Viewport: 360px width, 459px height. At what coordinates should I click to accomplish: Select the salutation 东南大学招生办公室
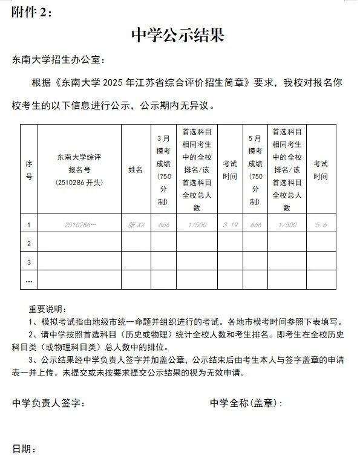coord(58,60)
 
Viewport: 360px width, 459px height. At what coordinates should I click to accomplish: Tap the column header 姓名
coord(136,170)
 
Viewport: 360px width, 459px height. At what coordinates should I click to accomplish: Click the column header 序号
coord(28,170)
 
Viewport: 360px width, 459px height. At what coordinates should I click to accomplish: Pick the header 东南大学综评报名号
coord(79,170)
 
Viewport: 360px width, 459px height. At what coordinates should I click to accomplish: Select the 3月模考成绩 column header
coord(163,170)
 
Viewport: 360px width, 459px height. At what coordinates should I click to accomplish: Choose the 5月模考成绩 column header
coord(255,170)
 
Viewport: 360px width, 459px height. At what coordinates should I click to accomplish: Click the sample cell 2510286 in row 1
coord(80,224)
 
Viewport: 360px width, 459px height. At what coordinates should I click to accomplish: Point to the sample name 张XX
coord(136,224)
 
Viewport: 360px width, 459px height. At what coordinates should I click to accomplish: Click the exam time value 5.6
coord(321,224)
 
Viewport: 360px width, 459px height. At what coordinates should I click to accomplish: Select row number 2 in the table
coord(28,243)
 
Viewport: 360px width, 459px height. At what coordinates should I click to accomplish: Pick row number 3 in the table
coord(28,262)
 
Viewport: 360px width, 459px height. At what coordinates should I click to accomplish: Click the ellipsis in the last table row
coord(28,280)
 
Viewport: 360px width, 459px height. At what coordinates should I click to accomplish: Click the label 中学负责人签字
coord(48,403)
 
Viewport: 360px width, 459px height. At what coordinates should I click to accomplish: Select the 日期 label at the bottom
coord(24,449)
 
